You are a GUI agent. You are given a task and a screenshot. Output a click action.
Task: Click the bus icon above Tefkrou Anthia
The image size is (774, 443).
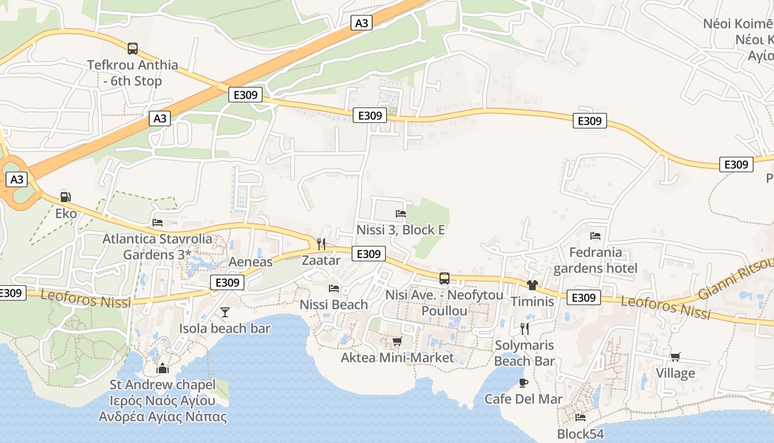(133, 49)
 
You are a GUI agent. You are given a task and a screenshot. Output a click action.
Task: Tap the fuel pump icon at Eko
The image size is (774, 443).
(65, 197)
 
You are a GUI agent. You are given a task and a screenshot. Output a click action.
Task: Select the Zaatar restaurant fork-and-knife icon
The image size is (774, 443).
(321, 244)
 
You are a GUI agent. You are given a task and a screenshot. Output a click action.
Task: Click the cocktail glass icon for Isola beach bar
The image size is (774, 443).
(224, 312)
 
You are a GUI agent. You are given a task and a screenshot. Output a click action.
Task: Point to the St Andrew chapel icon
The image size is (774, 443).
(163, 368)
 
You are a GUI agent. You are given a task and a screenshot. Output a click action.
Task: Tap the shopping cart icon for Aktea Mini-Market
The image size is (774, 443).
(397, 341)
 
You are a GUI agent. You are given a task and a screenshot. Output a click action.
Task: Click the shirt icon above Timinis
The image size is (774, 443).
(532, 285)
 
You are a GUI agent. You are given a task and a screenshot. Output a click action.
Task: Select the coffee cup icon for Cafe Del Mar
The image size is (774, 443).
(524, 383)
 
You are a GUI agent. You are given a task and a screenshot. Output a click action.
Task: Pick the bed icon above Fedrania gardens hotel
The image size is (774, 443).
(595, 236)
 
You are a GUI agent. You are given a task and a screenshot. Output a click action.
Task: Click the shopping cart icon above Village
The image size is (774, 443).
(675, 357)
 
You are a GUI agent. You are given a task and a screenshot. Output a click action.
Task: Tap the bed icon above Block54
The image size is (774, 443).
(580, 418)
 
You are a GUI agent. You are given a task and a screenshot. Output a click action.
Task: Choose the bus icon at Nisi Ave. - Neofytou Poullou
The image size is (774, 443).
(444, 279)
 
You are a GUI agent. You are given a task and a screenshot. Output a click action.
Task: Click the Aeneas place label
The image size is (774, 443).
(251, 262)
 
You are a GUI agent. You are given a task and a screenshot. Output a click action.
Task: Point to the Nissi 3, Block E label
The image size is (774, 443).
(401, 229)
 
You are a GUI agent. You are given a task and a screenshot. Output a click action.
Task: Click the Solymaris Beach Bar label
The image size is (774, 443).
(524, 353)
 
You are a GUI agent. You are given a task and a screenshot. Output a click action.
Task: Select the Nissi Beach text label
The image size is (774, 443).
(333, 305)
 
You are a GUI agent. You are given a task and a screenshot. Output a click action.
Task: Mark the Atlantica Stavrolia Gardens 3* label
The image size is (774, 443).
(158, 247)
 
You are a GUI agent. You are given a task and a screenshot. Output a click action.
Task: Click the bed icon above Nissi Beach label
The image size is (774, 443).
(334, 288)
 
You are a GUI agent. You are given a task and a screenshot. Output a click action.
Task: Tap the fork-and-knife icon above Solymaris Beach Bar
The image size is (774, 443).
(524, 329)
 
